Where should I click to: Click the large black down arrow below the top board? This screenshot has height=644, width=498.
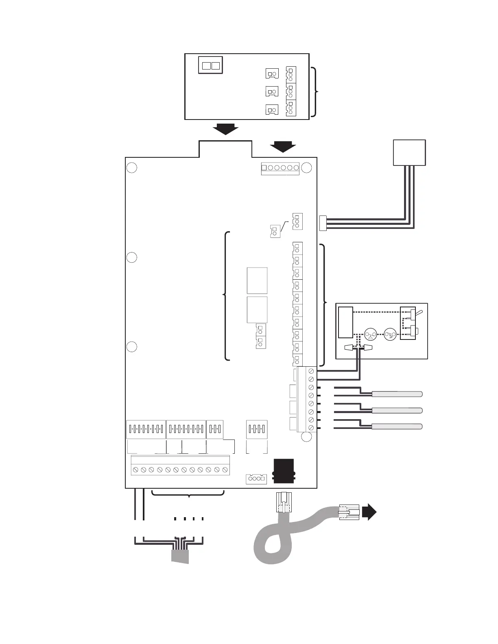click(x=225, y=129)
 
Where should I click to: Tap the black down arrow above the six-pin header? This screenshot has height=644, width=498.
click(x=283, y=146)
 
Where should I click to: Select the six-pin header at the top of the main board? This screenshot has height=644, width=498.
click(x=280, y=168)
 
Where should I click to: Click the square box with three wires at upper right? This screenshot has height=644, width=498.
click(x=409, y=152)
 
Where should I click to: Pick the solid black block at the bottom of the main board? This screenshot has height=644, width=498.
click(x=284, y=471)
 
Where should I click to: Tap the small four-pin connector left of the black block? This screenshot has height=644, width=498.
click(x=256, y=479)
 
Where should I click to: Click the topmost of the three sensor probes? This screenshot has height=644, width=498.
click(x=397, y=394)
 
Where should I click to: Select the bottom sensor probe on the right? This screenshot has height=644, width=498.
click(x=397, y=426)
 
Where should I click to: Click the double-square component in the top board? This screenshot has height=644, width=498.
click(x=211, y=65)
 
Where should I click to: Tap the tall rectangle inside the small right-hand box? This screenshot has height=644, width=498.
click(x=345, y=322)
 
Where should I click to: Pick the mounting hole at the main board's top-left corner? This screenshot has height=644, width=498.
click(x=131, y=168)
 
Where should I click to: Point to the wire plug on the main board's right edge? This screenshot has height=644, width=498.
click(x=323, y=223)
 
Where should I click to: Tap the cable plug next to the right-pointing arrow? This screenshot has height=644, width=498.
click(x=349, y=512)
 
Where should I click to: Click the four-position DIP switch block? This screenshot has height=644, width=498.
click(x=257, y=429)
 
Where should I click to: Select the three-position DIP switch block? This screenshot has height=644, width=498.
click(x=215, y=429)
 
